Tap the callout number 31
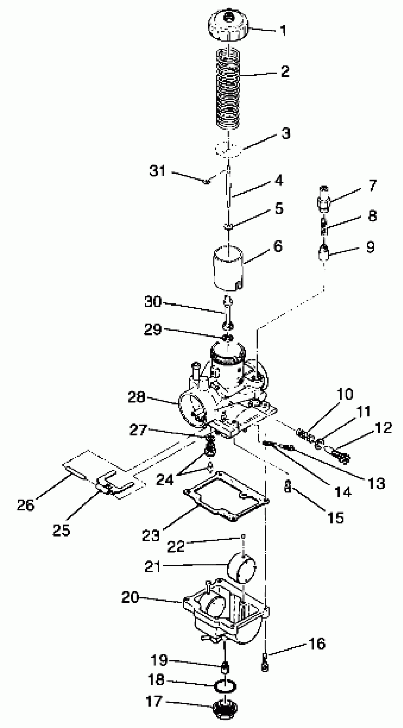point(157,171)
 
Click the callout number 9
point(370,247)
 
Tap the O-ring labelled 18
point(225,686)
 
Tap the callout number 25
point(61,530)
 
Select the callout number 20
point(130,598)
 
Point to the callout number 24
point(165,480)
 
